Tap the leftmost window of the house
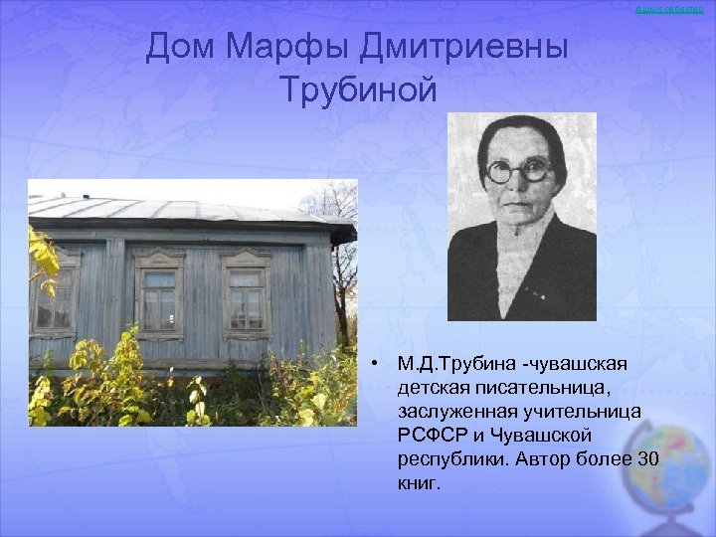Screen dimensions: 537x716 click(54, 296)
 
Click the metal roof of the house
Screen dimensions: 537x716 click(169, 208)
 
